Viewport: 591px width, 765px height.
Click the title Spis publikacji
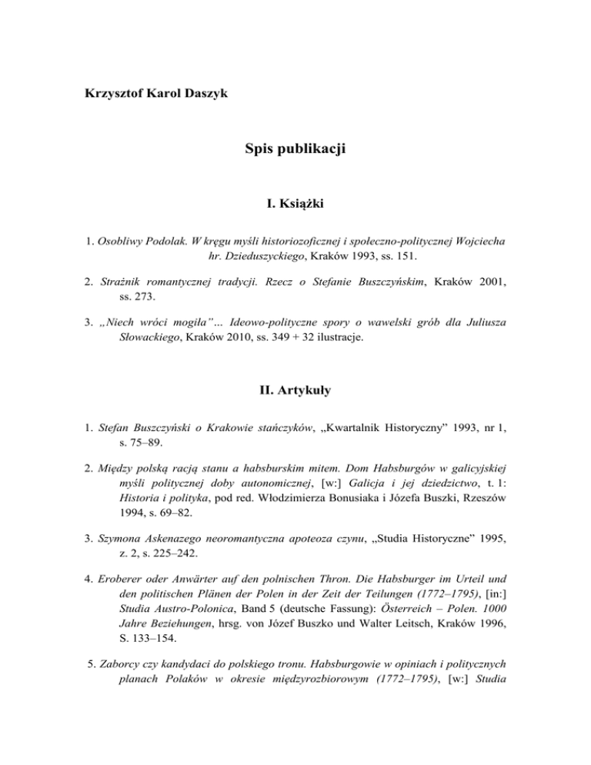point(295,149)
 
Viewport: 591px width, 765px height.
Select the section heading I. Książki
point(295,205)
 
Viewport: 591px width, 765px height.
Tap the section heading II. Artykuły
point(295,391)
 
